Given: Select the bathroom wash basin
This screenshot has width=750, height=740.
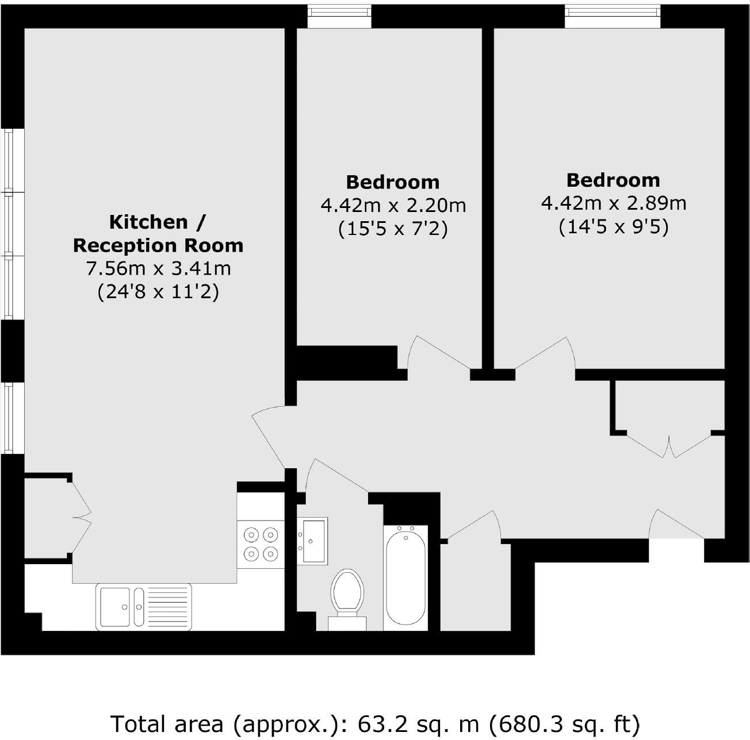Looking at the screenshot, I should coord(312,541).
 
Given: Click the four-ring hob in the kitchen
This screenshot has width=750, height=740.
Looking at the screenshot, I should coord(261,544).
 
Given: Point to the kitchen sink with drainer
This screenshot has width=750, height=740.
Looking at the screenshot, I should coord(144,606).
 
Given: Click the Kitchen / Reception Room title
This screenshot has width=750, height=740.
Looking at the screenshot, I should coord(158,233).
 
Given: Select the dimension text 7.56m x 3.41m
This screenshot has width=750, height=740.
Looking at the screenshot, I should coord(158,268).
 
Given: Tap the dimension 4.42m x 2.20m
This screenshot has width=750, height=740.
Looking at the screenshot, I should coord(393,205).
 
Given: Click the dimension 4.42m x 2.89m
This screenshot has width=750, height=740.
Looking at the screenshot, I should coord(613,203).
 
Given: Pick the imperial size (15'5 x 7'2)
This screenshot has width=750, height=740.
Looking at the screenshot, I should coord(393,229).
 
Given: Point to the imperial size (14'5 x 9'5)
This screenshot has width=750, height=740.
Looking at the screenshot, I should coord(613,228).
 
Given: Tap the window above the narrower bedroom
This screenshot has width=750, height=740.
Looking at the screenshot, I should coord(339,16).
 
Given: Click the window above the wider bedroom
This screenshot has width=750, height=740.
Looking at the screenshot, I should coord(613,16).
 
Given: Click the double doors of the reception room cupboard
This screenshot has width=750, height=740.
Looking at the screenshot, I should coord(81,514).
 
